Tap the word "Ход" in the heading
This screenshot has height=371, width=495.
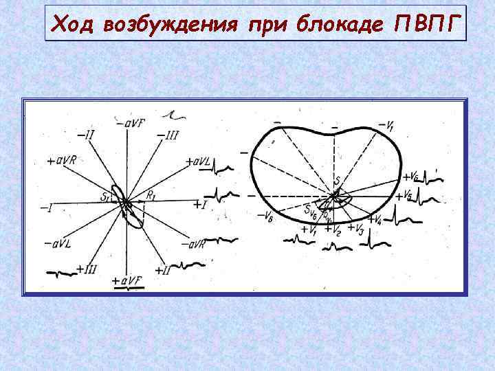click(74, 26)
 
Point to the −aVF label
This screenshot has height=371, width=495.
click(130, 123)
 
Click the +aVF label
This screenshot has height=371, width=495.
click(126, 281)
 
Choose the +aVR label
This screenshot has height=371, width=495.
click(62, 160)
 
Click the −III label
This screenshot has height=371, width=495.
click(167, 135)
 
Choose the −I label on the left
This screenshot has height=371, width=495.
click(46, 206)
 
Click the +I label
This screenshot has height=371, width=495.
click(199, 205)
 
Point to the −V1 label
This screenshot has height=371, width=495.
click(386, 125)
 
